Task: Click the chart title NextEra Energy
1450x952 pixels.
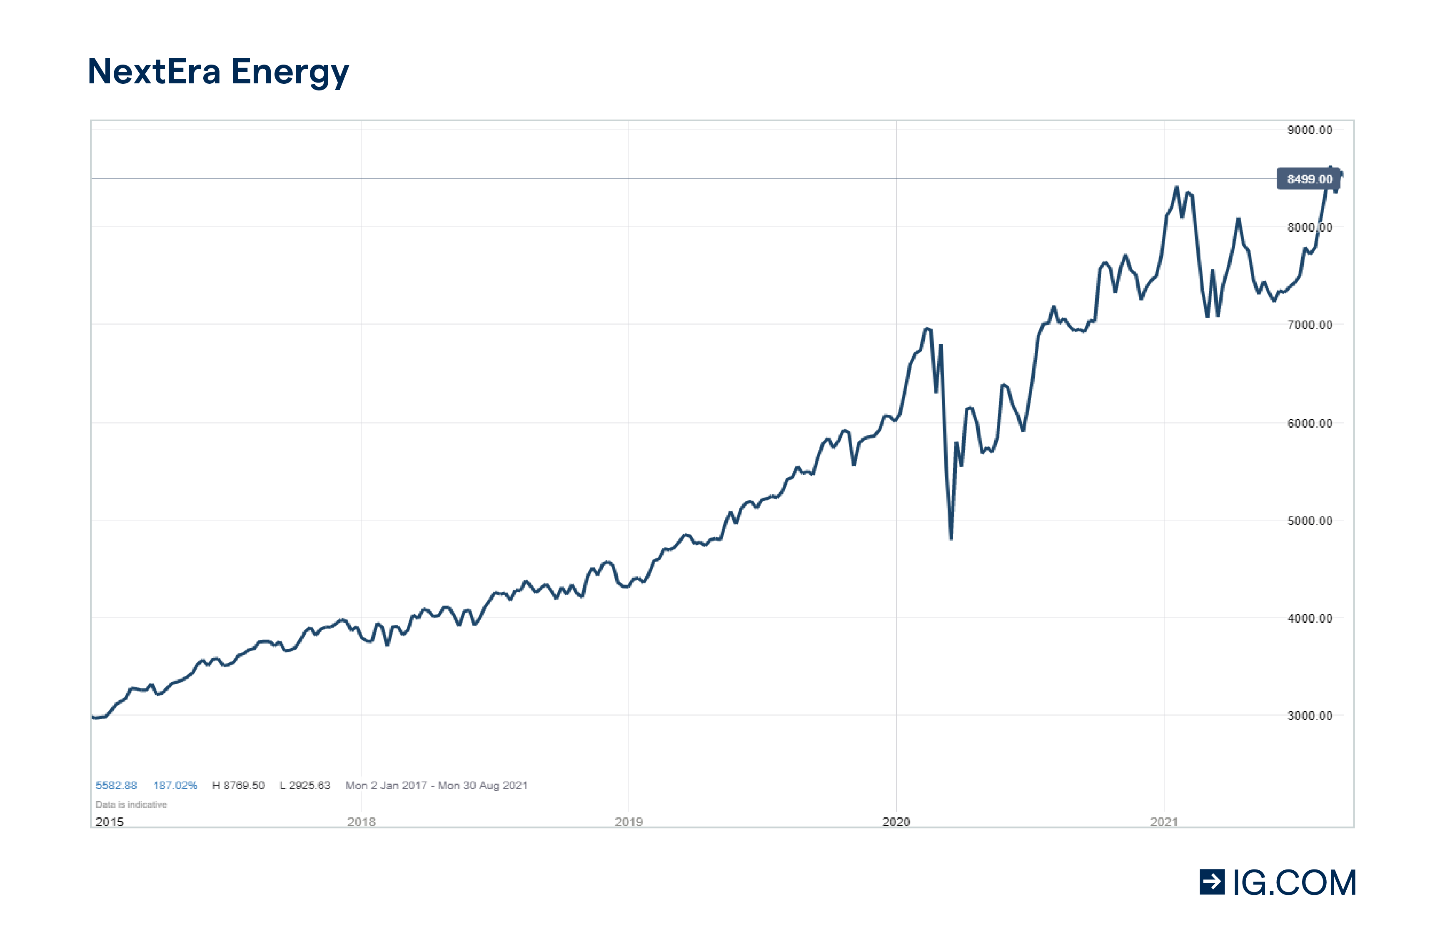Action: click(218, 72)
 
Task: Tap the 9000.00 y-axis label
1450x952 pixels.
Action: click(1309, 130)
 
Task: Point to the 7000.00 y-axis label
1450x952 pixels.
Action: click(1309, 325)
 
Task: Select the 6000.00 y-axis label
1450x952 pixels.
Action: click(1309, 423)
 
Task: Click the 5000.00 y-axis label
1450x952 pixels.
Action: click(1309, 521)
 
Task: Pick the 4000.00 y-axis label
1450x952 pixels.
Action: click(1309, 619)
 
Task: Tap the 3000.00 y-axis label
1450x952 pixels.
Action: click(1309, 716)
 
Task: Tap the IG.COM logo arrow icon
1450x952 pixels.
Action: click(1212, 882)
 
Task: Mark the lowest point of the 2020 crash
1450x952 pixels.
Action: click(951, 538)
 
